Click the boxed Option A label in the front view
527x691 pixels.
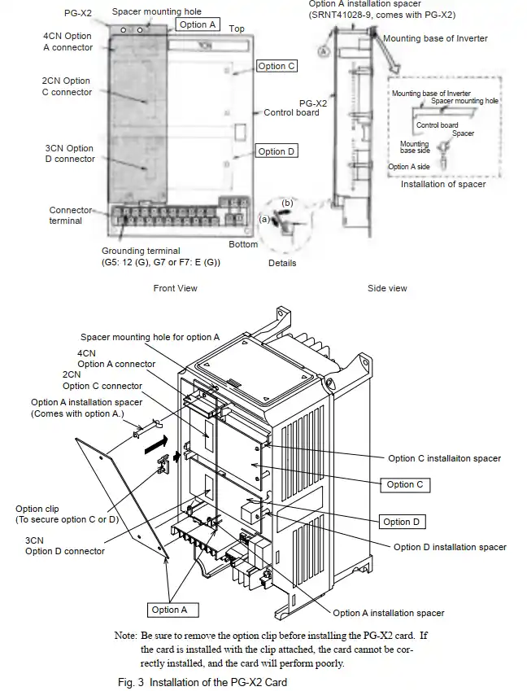(x=198, y=24)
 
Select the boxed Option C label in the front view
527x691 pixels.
(x=277, y=66)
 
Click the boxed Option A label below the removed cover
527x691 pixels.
(x=169, y=610)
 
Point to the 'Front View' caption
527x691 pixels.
(x=175, y=288)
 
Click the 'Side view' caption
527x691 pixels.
(x=387, y=288)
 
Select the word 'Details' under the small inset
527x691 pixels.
(x=282, y=263)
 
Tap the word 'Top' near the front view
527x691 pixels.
(x=237, y=28)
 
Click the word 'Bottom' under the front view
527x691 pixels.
(x=243, y=244)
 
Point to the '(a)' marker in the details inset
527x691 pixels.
(x=264, y=219)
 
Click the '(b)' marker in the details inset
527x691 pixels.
(x=287, y=202)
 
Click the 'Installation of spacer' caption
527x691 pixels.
(x=443, y=184)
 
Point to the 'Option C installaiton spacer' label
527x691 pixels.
(x=445, y=458)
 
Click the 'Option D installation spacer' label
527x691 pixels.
(x=450, y=547)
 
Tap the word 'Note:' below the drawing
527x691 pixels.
(x=127, y=634)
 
